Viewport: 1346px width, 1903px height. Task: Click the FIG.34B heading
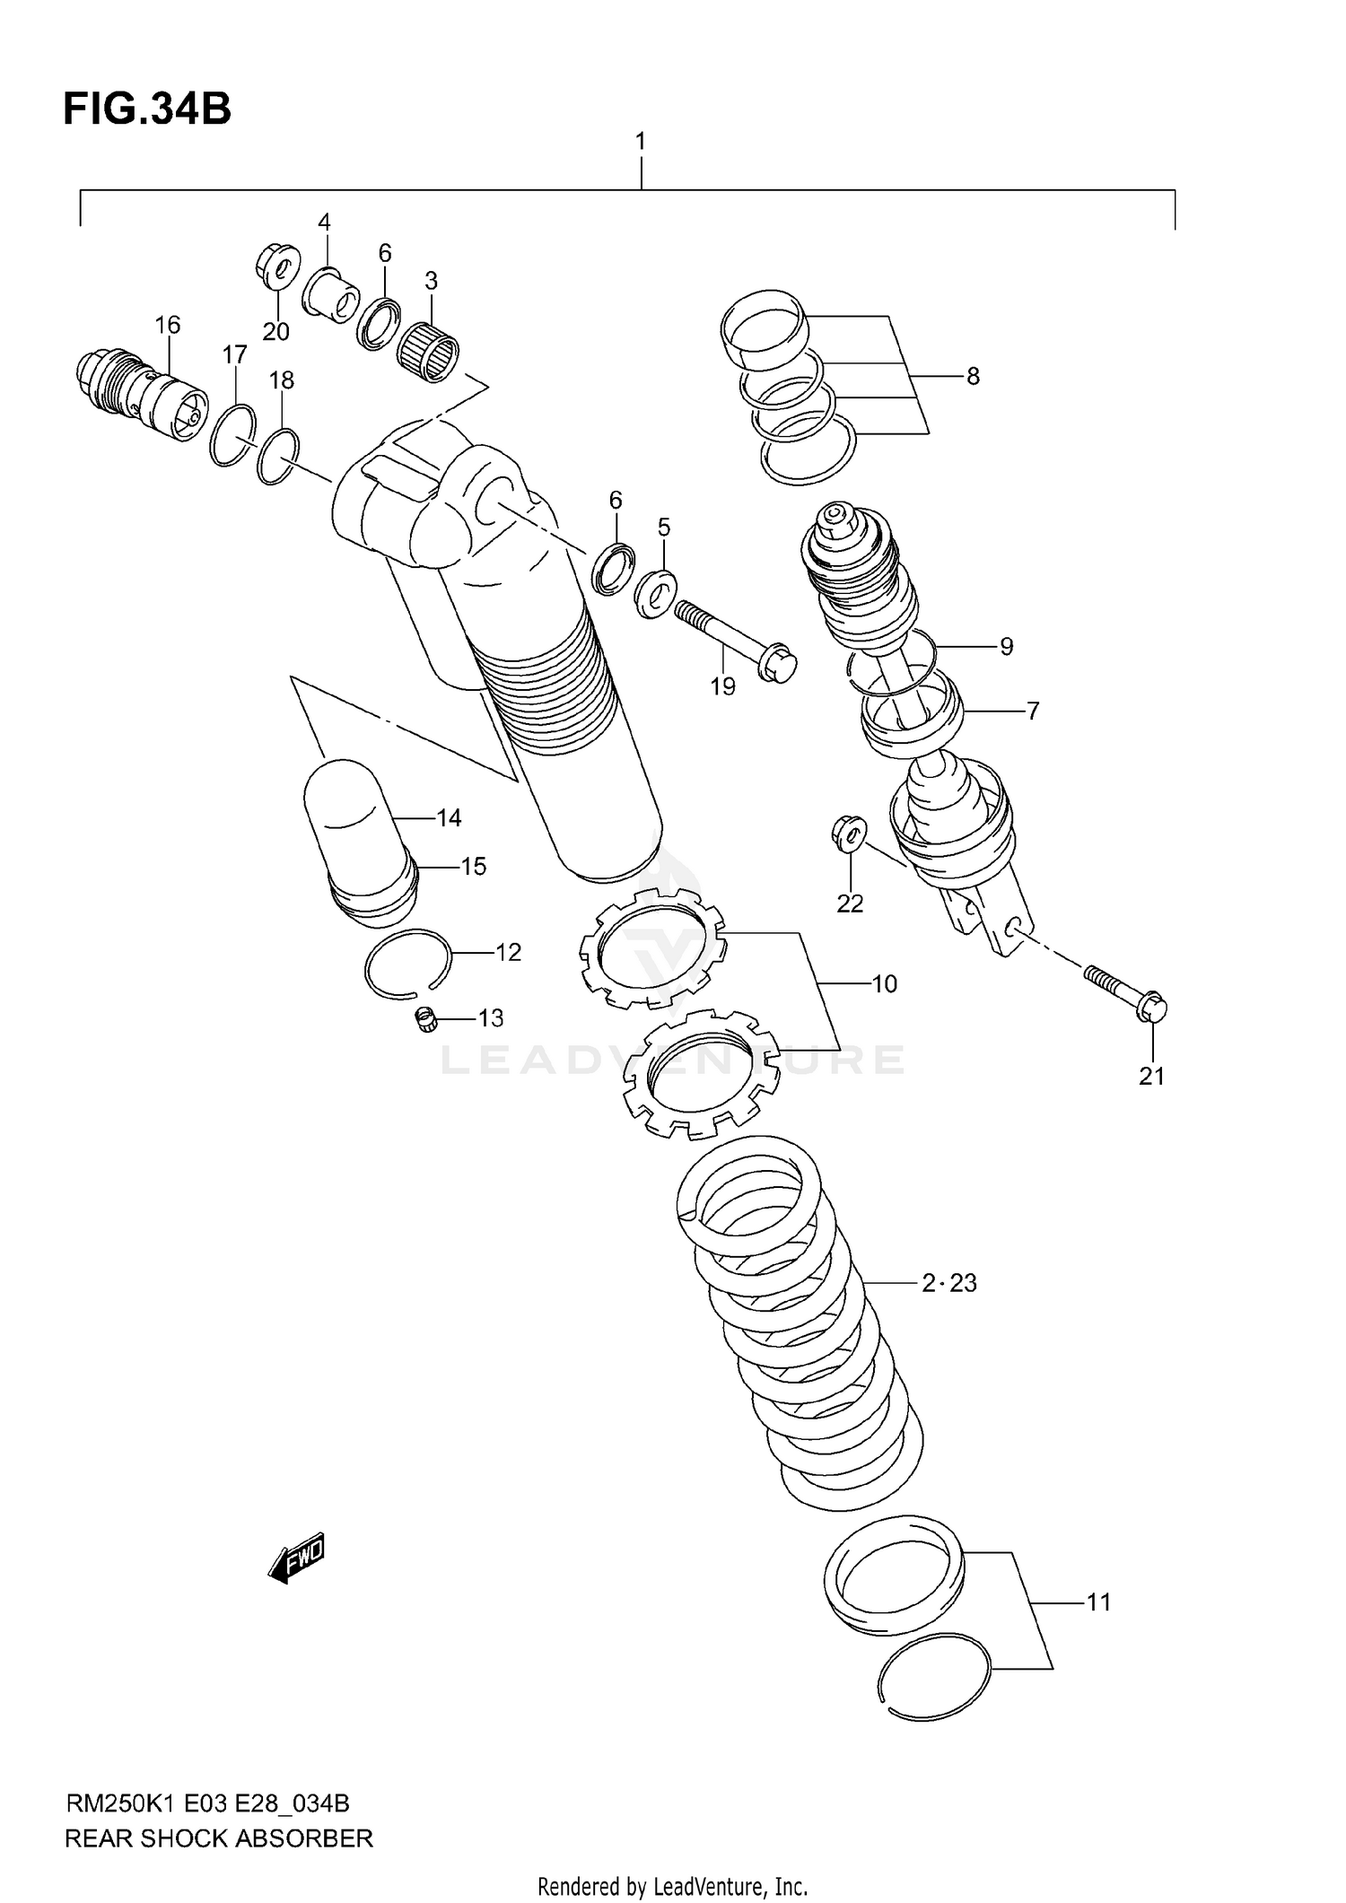click(147, 109)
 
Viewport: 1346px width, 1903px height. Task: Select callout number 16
click(168, 325)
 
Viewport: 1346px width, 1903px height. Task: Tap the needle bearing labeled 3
click(428, 354)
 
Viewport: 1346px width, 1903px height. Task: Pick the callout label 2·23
click(948, 1284)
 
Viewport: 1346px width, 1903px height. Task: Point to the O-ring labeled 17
click(232, 435)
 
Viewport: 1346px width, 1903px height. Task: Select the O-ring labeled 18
click(278, 456)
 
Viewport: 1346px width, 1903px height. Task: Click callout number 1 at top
click(640, 142)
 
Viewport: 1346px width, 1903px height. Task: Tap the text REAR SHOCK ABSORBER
click(218, 1838)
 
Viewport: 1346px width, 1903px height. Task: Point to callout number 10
click(884, 984)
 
